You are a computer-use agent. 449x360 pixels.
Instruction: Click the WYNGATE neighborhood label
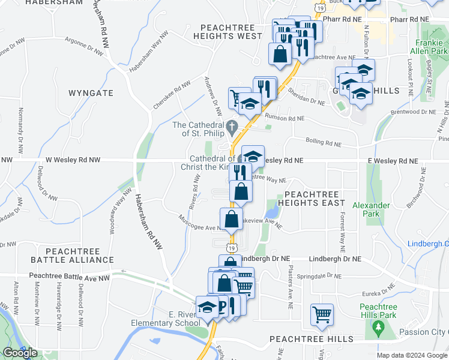91,93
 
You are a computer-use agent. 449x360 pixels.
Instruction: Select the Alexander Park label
372,209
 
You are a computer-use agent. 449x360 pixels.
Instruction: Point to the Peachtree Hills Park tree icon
378,327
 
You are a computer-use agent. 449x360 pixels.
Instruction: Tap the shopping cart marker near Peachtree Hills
322,314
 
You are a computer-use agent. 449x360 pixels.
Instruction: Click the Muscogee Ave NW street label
200,224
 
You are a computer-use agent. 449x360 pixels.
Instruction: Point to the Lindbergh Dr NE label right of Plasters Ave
335,259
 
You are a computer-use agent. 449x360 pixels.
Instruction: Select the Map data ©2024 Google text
412,355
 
